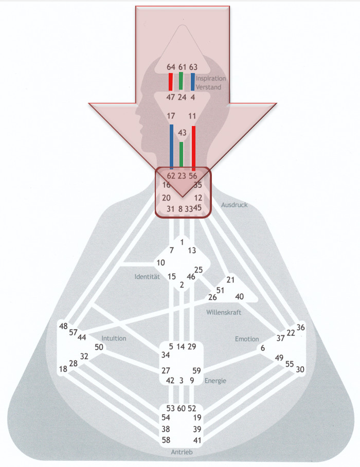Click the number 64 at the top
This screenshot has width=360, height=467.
tap(171, 67)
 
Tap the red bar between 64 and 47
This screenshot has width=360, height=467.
tap(171, 82)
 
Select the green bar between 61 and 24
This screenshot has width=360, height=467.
tap(181, 82)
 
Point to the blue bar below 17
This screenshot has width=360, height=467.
tap(171, 147)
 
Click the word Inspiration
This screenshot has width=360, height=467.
tap(210, 79)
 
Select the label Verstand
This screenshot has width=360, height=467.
tap(208, 87)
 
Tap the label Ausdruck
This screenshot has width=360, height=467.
tap(234, 205)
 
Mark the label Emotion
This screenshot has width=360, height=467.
tap(247, 339)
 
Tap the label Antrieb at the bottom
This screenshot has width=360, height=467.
tap(182, 452)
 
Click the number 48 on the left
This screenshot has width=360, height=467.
tap(64, 326)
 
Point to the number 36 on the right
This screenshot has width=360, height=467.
tap(301, 328)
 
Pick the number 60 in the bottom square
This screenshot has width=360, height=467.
tap(181, 408)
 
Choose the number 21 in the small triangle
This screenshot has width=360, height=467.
tap(230, 280)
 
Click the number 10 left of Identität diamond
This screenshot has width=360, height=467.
tap(160, 263)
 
